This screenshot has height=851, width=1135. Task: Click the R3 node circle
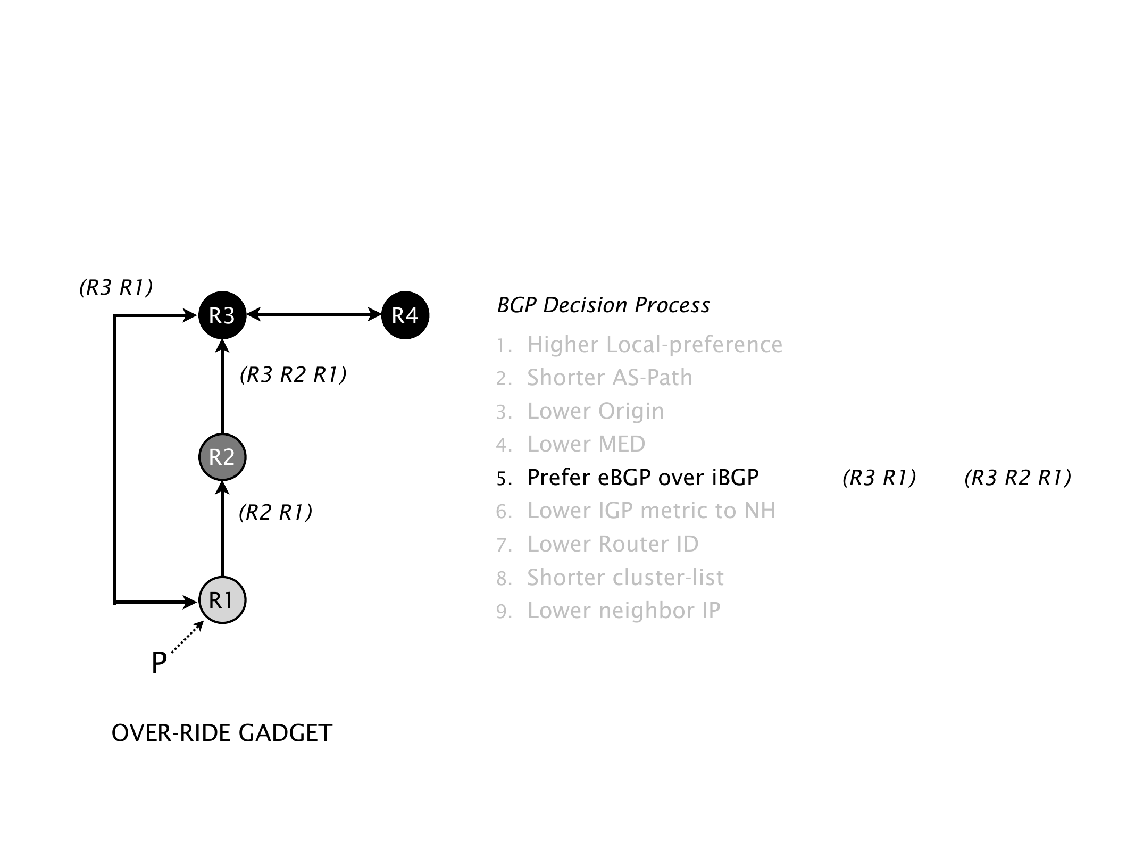[222, 316]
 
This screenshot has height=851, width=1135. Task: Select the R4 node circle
[405, 316]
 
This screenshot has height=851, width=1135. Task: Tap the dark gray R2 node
[222, 457]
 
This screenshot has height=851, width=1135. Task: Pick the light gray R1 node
[222, 600]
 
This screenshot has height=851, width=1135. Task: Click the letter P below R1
[159, 663]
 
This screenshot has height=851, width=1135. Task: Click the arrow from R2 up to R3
[222, 388]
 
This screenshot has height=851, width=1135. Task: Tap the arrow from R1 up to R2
[222, 529]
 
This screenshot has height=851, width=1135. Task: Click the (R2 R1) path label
[276, 512]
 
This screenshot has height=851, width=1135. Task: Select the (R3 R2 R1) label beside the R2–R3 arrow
[293, 375]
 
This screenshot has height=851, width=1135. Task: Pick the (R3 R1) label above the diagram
[116, 287]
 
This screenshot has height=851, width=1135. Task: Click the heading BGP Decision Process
[603, 305]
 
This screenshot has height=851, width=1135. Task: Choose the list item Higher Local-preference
[654, 345]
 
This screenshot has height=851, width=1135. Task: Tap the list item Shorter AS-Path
[610, 378]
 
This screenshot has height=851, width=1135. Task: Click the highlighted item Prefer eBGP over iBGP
[642, 478]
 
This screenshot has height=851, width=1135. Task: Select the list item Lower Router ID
[613, 544]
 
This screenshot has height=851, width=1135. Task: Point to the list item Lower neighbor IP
[623, 611]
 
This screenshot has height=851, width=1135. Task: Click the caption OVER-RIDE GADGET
[222, 733]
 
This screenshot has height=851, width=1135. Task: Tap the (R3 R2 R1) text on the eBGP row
[1017, 478]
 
